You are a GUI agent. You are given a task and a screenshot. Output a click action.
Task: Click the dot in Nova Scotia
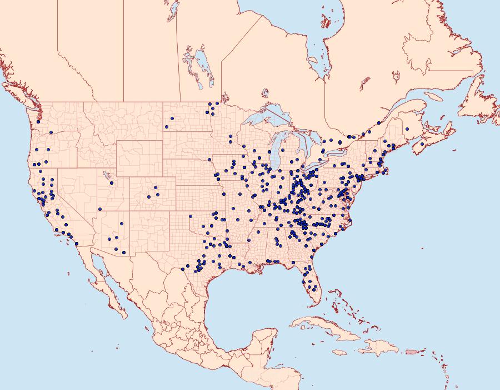coord(422,145)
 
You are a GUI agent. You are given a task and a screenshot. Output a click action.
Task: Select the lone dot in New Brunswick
coord(407,129)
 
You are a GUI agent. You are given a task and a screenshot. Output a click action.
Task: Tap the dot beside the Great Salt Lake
coord(112,182)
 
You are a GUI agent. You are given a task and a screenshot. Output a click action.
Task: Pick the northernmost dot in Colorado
coord(156,187)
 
